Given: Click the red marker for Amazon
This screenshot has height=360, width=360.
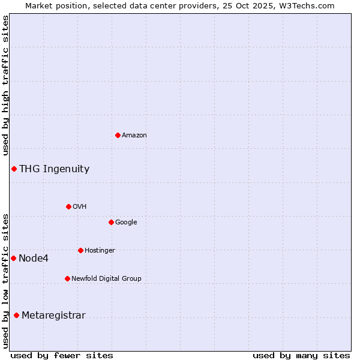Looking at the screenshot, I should point(118,135).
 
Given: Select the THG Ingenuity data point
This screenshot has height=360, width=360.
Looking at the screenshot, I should point(14,169).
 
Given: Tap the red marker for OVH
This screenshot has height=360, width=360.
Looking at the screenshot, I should point(68,206).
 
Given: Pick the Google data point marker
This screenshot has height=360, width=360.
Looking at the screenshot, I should point(111,222).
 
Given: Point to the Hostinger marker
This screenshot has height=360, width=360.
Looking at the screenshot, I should point(80,250).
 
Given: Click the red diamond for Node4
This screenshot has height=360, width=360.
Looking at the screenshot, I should point(13,258).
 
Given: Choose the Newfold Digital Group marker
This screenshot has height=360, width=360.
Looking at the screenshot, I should point(67,278).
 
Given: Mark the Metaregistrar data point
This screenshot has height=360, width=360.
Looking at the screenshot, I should point(16,315).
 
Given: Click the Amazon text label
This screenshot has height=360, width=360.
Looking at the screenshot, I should point(134,136).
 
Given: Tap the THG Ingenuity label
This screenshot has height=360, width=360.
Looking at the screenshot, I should point(54,169).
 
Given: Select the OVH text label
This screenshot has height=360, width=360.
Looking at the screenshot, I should point(80,207).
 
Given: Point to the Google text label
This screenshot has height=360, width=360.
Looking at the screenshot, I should point(126,223).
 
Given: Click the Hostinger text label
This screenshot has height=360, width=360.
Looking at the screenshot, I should point(100,251).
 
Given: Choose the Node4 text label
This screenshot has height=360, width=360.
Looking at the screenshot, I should point(33,259).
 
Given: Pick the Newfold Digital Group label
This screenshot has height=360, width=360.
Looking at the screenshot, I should point(106,279).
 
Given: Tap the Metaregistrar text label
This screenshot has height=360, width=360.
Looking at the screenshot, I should point(53,316).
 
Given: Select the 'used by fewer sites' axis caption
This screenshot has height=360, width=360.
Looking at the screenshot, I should point(62,355).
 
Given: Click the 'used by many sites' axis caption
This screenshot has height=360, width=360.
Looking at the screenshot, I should point(301,355).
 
